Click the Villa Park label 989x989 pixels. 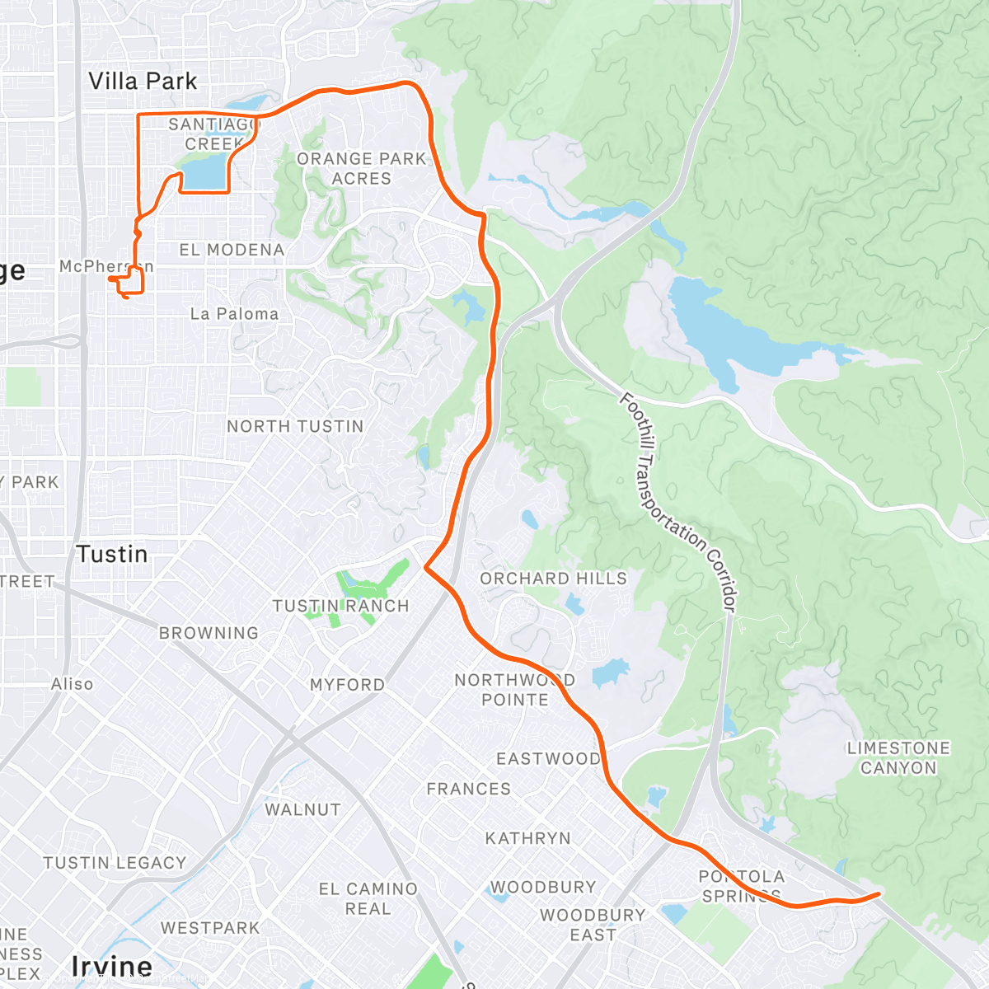143,81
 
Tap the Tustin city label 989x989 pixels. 112,554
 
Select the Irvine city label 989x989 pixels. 112,966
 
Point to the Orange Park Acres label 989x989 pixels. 362,168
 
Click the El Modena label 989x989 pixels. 232,250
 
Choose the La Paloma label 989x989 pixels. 234,314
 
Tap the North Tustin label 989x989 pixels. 295,426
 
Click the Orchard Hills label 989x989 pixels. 553,579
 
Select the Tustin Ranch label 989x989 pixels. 340,606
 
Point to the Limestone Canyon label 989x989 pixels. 898,757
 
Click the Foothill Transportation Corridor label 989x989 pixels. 677,503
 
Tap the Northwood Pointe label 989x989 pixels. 514,690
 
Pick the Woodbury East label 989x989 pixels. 593,925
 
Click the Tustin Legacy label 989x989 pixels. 115,863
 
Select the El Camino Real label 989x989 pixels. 368,899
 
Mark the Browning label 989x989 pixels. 209,633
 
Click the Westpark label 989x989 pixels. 210,928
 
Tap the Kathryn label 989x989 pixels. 527,838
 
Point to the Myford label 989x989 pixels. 347,685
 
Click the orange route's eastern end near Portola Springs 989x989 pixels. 879,893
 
